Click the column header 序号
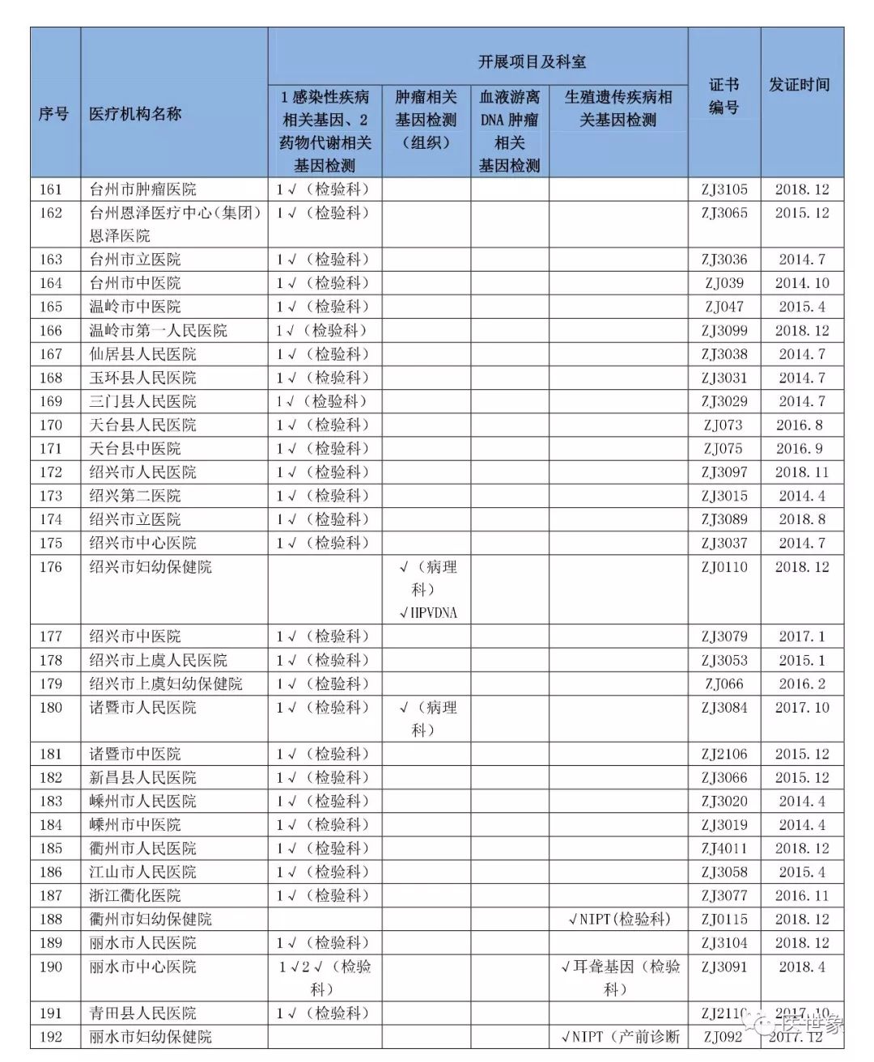pyautogui.click(x=53, y=114)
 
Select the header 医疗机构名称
pyautogui.click(x=135, y=114)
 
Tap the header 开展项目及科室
pyautogui.click(x=531, y=61)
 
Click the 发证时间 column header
pyautogui.click(x=800, y=85)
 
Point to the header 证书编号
pyautogui.click(x=723, y=96)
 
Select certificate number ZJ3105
pyautogui.click(x=724, y=189)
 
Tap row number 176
pyautogui.click(x=50, y=567)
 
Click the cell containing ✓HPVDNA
pyautogui.click(x=427, y=612)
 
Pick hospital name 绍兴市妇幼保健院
pyautogui.click(x=151, y=567)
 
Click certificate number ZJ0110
pyautogui.click(x=724, y=567)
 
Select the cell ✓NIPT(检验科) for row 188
pyautogui.click(x=619, y=919)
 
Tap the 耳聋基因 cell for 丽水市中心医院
pyautogui.click(x=619, y=977)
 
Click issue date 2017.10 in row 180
pyautogui.click(x=802, y=707)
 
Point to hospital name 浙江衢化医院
pyautogui.click(x=135, y=895)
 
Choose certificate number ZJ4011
pyautogui.click(x=724, y=848)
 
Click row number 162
pyautogui.click(x=50, y=213)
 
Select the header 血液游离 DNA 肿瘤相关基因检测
pyautogui.click(x=509, y=131)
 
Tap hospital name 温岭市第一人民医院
pyautogui.click(x=158, y=331)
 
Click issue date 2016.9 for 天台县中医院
pyautogui.click(x=802, y=448)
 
